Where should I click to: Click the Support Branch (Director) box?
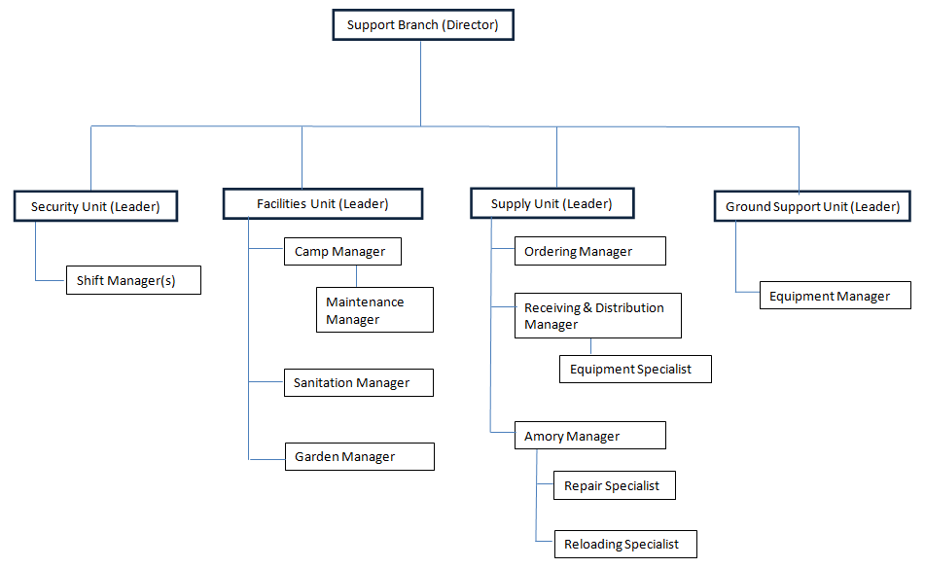tap(422, 25)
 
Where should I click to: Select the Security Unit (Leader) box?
tap(94, 206)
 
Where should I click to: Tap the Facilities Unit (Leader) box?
tap(323, 203)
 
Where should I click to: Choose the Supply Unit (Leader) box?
tap(551, 203)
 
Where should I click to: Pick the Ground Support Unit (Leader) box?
tap(812, 206)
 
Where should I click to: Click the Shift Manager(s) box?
tap(132, 281)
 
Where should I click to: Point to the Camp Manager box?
tap(342, 252)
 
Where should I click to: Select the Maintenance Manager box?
tap(374, 310)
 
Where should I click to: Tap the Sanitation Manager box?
tap(358, 383)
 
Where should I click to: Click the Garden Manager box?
tap(358, 457)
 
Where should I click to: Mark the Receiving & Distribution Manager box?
tap(597, 316)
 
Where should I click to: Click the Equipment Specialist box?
tap(635, 370)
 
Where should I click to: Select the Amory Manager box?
tap(589, 436)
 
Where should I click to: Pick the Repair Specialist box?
tap(614, 485)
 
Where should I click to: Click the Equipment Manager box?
tap(835, 297)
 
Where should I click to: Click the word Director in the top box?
tap(470, 25)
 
